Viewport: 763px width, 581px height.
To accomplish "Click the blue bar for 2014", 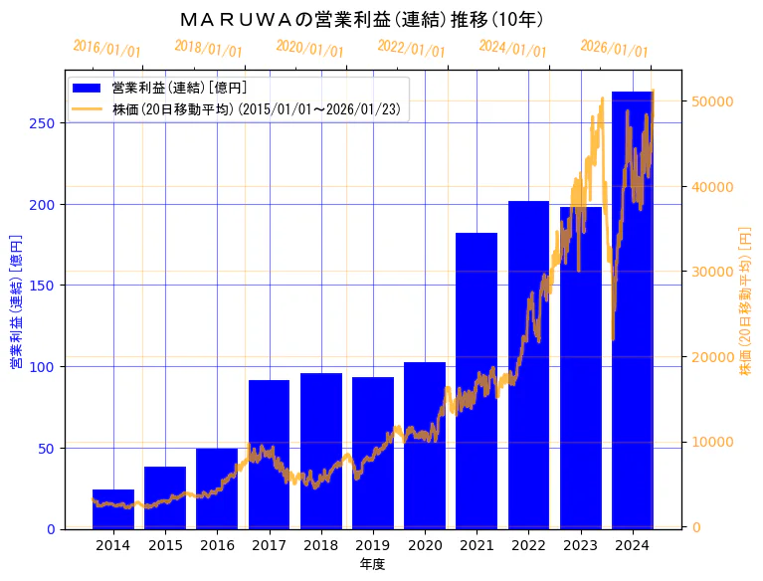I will (113, 509).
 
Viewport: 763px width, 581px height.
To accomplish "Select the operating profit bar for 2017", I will (269, 455).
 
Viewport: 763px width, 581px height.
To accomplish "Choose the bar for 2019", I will (373, 454).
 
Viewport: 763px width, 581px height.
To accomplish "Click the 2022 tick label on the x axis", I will (528, 545).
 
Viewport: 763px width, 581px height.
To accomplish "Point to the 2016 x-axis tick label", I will (217, 545).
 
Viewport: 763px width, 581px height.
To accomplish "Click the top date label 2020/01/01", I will (309, 48).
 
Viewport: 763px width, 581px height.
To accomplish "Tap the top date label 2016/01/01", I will (106, 48).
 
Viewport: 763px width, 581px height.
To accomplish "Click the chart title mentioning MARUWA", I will (363, 19).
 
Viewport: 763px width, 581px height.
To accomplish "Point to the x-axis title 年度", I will (372, 564).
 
